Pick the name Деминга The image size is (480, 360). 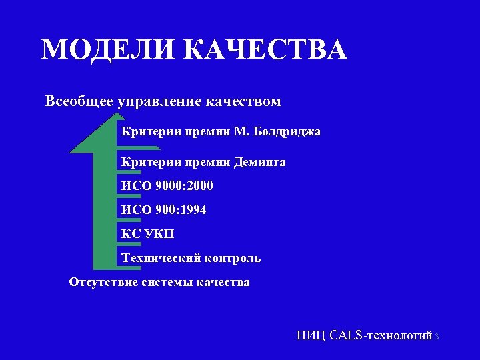tap(259, 162)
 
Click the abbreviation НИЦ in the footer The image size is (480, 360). tap(311, 335)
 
